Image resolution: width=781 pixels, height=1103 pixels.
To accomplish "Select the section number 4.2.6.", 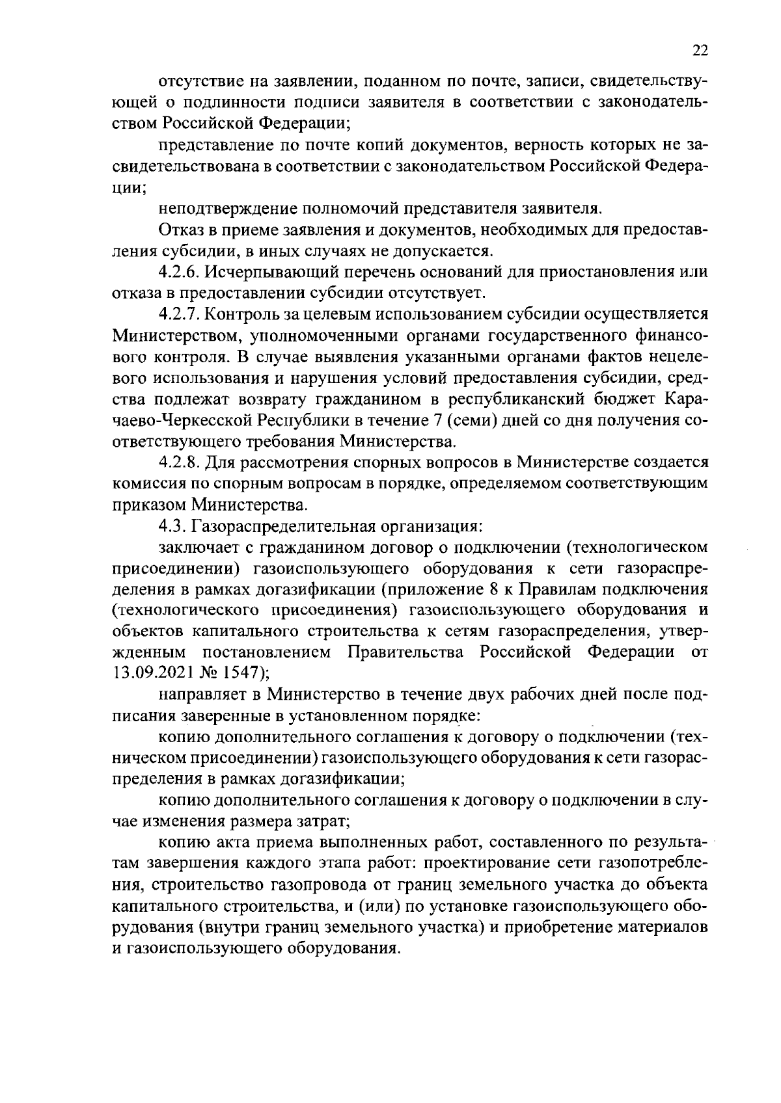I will pyautogui.click(x=180, y=271).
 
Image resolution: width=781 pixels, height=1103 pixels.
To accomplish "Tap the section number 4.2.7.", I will pyautogui.click(x=180, y=313).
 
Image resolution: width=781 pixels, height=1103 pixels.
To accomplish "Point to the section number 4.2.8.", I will pyautogui.click(x=180, y=462).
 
